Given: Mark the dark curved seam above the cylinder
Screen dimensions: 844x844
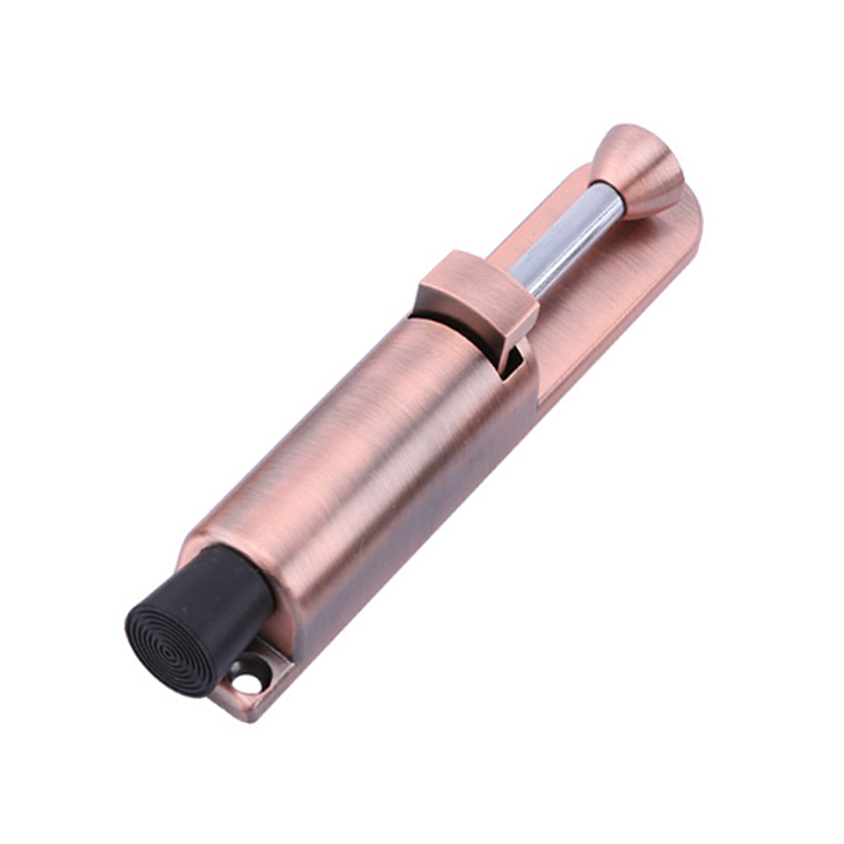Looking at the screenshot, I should click(443, 322).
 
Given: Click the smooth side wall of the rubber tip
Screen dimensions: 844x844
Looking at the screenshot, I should click(232, 586).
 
